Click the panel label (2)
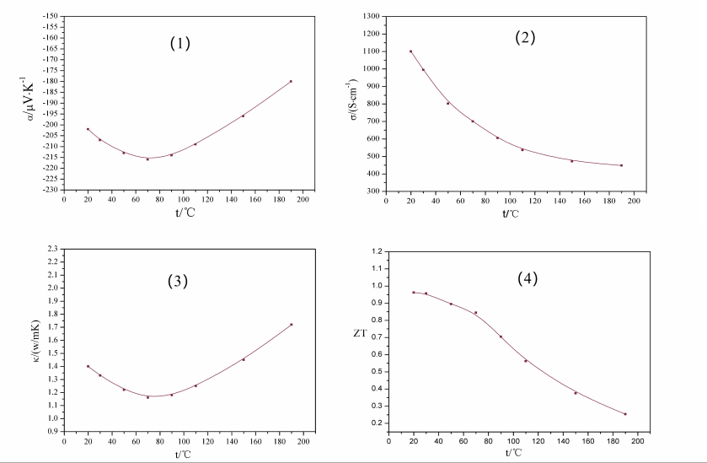[525, 37]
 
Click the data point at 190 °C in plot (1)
[291, 81]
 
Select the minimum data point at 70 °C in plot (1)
[147, 159]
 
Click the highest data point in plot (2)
[410, 51]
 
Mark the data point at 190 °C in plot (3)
[291, 325]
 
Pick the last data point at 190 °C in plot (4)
[624, 414]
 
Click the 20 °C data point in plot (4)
[414, 293]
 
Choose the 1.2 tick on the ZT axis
[377, 251]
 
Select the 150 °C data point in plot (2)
[571, 161]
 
